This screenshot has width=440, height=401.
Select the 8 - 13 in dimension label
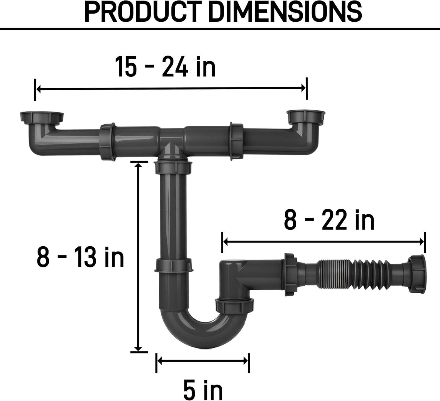tap(80, 257)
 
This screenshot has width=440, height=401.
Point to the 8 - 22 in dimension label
tap(329, 220)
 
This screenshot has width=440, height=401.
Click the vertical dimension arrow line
tap(138, 257)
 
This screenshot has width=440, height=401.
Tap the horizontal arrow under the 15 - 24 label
tap(171, 89)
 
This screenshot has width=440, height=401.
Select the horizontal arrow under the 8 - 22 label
tap(324, 242)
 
